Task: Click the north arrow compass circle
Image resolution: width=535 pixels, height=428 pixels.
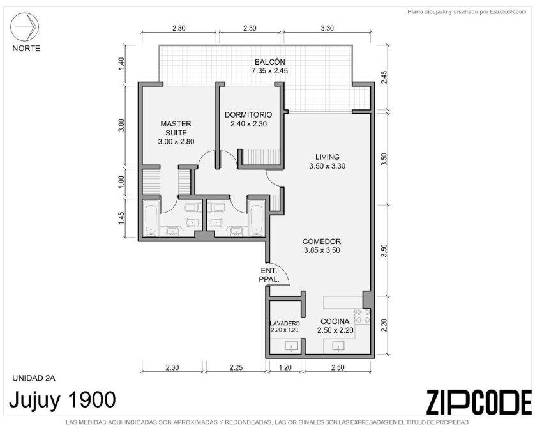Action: tap(24, 27)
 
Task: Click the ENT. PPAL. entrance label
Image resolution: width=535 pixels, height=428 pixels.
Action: tap(269, 275)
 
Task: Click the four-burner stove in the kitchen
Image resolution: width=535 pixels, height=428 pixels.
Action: tap(363, 316)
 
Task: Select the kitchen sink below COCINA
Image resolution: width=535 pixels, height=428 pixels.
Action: tap(338, 346)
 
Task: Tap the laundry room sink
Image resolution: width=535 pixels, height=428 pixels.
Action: tap(291, 346)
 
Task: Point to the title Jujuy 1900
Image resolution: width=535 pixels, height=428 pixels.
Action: tap(63, 399)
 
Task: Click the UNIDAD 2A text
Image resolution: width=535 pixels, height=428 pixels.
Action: tap(34, 378)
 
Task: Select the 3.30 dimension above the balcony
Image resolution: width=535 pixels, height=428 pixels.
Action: tap(328, 28)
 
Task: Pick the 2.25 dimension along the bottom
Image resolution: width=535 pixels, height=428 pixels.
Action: tap(236, 367)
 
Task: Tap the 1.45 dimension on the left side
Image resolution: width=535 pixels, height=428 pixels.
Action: tap(121, 218)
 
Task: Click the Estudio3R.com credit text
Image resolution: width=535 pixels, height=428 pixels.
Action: tap(467, 12)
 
